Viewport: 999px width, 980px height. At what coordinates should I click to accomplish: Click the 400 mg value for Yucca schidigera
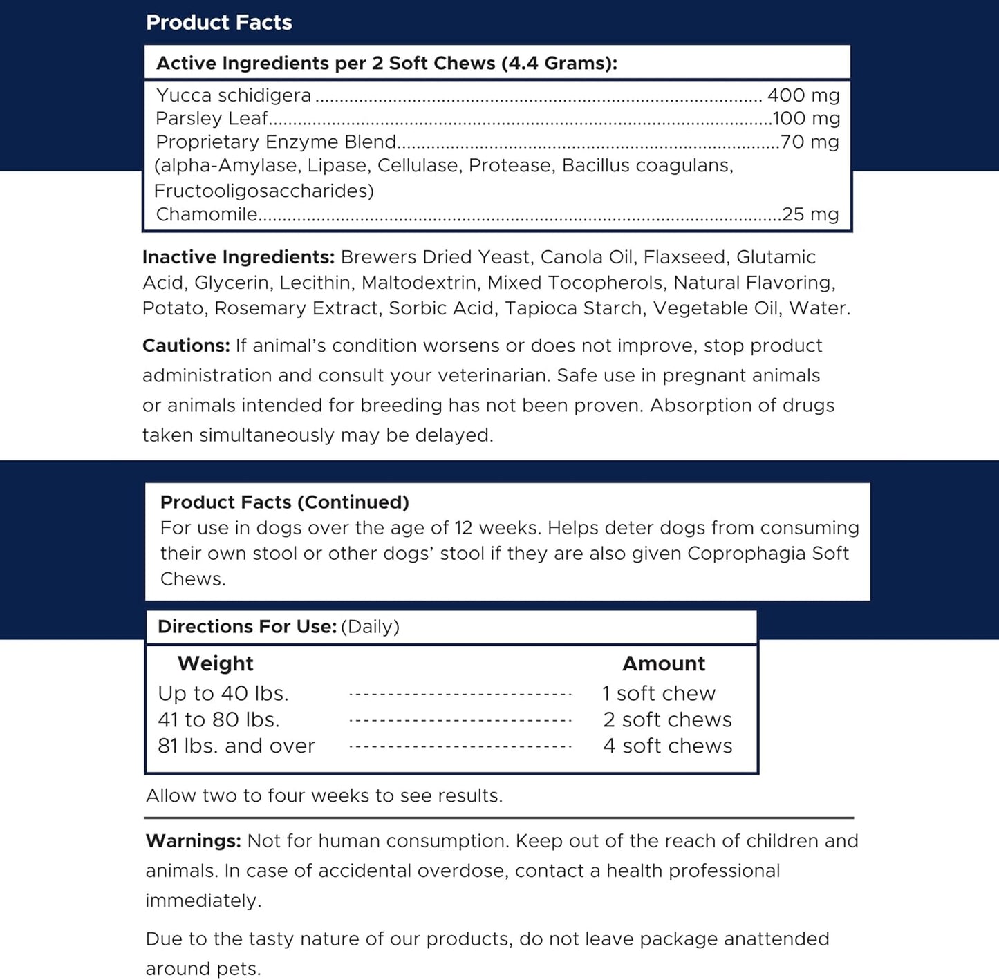[x=803, y=95]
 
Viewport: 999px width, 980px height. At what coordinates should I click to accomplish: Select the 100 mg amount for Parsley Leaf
[x=806, y=119]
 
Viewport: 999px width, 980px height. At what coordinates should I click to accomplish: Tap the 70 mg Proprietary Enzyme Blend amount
[x=810, y=142]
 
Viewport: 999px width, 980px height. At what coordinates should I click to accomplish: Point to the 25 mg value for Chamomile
[x=810, y=215]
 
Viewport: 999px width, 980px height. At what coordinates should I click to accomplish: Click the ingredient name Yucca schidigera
[x=234, y=95]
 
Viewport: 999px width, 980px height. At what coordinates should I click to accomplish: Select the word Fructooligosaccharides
[x=263, y=191]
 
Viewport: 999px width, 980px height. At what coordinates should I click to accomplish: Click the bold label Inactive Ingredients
[x=239, y=257]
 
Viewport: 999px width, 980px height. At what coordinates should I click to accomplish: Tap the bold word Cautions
[x=186, y=346]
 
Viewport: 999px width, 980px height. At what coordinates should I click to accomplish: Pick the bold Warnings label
[x=193, y=841]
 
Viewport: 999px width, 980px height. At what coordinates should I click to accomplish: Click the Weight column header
[x=215, y=663]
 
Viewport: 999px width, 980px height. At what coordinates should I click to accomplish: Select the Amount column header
[x=664, y=663]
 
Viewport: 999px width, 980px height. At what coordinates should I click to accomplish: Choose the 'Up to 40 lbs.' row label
[x=223, y=693]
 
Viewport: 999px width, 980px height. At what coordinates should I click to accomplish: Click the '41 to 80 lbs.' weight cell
[x=218, y=719]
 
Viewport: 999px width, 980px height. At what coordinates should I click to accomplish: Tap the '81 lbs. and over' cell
[x=236, y=746]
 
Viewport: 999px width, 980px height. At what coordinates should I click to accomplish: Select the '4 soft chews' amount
[x=667, y=746]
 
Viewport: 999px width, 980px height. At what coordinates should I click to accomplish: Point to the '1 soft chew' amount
[x=659, y=693]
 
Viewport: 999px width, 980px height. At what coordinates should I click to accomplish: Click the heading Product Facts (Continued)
[x=284, y=502]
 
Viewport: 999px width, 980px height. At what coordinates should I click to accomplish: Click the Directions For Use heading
[x=247, y=627]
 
